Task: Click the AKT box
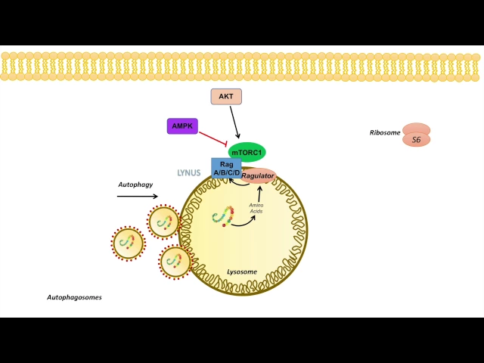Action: [x=226, y=97]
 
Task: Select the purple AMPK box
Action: [x=182, y=126]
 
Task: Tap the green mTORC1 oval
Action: [x=247, y=152]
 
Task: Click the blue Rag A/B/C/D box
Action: [x=226, y=168]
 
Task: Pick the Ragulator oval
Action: [x=257, y=176]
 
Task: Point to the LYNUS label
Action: [x=188, y=173]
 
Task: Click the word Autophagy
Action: [x=136, y=185]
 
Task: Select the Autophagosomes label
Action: [x=74, y=297]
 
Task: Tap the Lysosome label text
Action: [x=242, y=271]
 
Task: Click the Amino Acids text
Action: [x=256, y=208]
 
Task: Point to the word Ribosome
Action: [x=384, y=132]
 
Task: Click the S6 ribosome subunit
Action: [x=416, y=140]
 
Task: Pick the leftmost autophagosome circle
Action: [x=128, y=244]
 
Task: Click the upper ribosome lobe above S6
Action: [x=416, y=129]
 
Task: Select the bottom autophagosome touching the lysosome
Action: [x=175, y=262]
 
